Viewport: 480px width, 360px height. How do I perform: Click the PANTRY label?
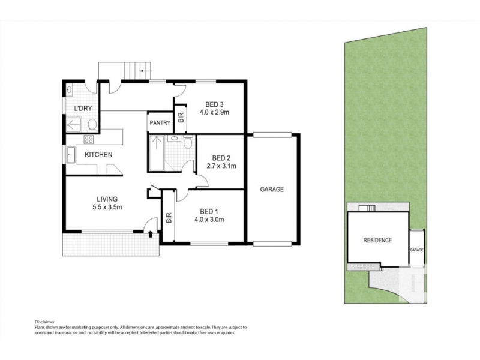point(160,123)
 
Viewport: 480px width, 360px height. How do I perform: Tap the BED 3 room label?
point(214,104)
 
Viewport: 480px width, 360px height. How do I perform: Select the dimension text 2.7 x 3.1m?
point(221,166)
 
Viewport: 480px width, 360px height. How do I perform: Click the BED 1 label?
point(209,212)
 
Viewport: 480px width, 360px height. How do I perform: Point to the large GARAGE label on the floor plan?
point(272,190)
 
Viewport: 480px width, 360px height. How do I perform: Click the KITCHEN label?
point(98,155)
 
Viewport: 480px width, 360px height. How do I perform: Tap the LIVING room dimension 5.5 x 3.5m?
point(107,207)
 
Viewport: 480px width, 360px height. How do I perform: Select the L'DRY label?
point(83,108)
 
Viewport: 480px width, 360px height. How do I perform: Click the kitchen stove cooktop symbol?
point(88,140)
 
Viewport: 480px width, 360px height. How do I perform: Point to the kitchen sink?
point(71,155)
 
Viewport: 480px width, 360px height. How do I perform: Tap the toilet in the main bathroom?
point(188,143)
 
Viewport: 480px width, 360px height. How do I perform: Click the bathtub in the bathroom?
point(156,152)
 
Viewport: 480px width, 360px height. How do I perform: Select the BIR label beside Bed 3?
point(181,118)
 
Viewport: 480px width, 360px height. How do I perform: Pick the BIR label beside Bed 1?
point(169,218)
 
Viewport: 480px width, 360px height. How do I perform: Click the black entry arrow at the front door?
point(151,234)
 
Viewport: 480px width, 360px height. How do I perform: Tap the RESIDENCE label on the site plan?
point(377,241)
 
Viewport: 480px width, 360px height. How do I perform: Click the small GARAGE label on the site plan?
point(416,250)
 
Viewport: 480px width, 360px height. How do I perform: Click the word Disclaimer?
point(44,322)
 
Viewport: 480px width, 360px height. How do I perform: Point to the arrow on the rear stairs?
point(146,71)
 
